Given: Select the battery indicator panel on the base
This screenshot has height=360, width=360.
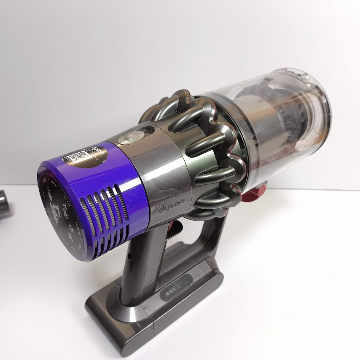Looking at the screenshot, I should coord(178,284).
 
